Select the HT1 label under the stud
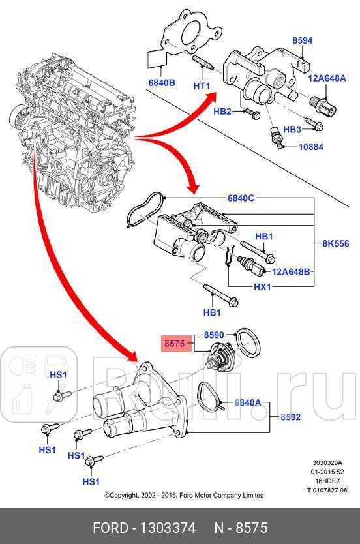pos(202,87)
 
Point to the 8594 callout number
pos(302,40)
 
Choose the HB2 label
pos(222,112)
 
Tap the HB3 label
pos(292,129)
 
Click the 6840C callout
pos(241,198)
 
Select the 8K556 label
pos(336,244)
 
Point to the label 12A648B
pos(292,271)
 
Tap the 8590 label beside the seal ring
pos(214,335)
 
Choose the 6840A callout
pos(247,403)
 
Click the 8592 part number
pos(291,416)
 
